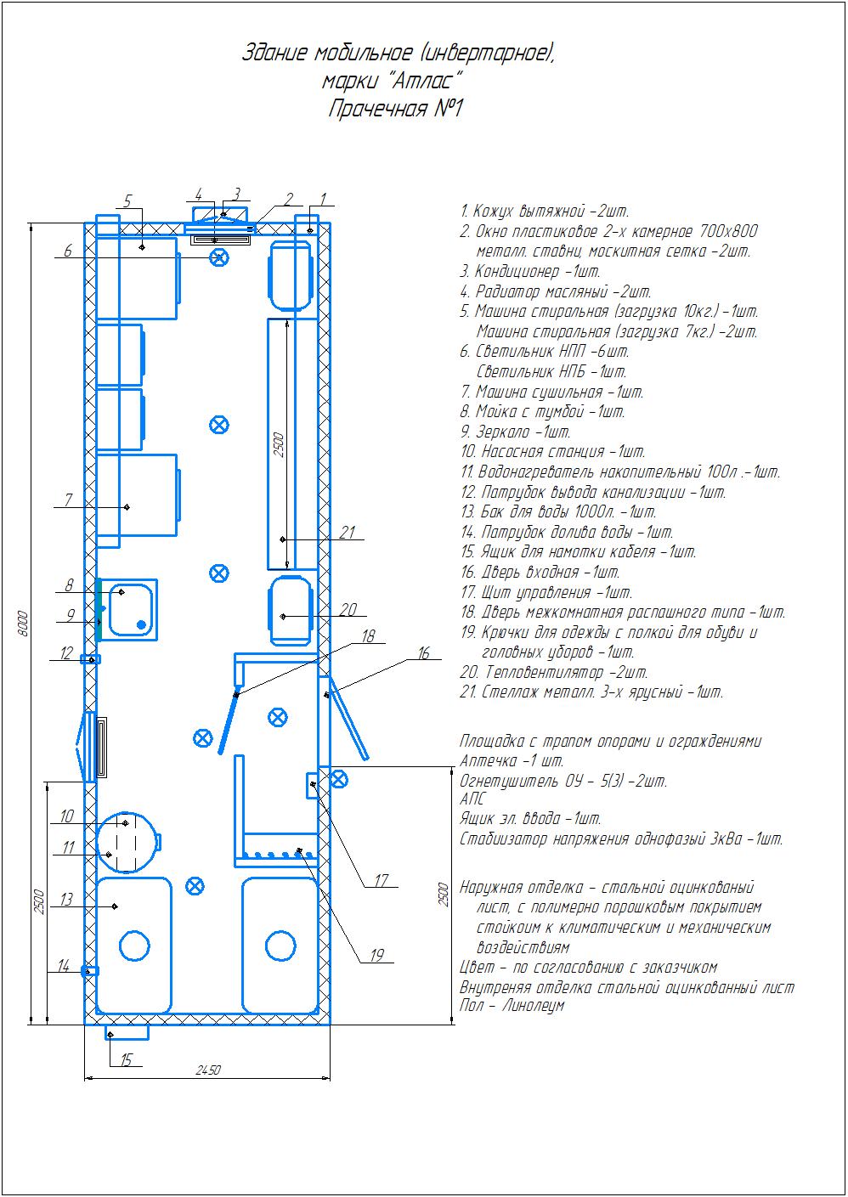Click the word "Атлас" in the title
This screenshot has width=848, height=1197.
423,81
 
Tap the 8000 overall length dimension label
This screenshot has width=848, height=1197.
22,623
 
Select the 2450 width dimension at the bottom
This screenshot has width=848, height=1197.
208,1070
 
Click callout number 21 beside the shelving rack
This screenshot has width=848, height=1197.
348,533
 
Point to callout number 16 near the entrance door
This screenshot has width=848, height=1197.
423,653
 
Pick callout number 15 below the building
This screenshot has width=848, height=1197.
126,1059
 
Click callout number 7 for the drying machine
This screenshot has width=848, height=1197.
68,500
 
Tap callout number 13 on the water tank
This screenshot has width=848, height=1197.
65,900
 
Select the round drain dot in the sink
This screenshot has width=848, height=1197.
141,624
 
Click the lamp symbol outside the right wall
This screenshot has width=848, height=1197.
337,780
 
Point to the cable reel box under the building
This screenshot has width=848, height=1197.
127,1032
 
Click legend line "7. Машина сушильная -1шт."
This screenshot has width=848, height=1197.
552,392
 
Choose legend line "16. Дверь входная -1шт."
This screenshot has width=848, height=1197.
540,573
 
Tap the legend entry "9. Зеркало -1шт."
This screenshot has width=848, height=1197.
516,432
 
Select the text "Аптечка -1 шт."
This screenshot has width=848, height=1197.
512,760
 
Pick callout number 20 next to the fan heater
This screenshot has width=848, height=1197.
348,609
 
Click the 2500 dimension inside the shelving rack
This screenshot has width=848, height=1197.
279,444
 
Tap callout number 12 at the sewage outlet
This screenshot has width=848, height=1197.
66,653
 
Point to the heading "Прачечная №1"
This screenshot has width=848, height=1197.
395,109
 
